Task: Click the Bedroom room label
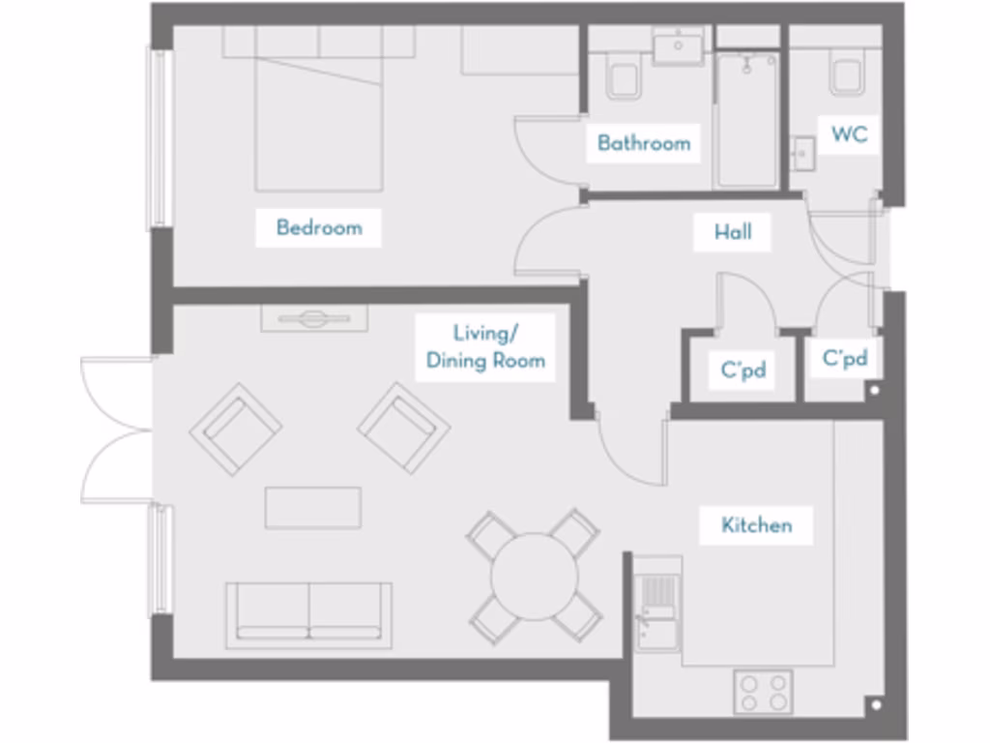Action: coord(319,228)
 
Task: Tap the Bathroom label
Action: coord(644,143)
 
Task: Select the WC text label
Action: coord(849,134)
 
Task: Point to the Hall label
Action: coord(733,232)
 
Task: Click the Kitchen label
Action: coord(756,525)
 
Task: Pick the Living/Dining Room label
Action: coord(485,347)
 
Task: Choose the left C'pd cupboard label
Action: coord(743,369)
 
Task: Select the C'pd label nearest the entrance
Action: coord(844,359)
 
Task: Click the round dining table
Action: coord(534,577)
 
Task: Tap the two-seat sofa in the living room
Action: coord(308,613)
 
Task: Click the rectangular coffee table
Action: coord(313,508)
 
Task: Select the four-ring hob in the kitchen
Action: coord(763,691)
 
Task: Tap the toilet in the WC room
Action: coord(848,76)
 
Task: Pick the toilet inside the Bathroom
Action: coord(624,76)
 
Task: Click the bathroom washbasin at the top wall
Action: coord(678,46)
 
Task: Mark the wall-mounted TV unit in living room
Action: coord(313,318)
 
